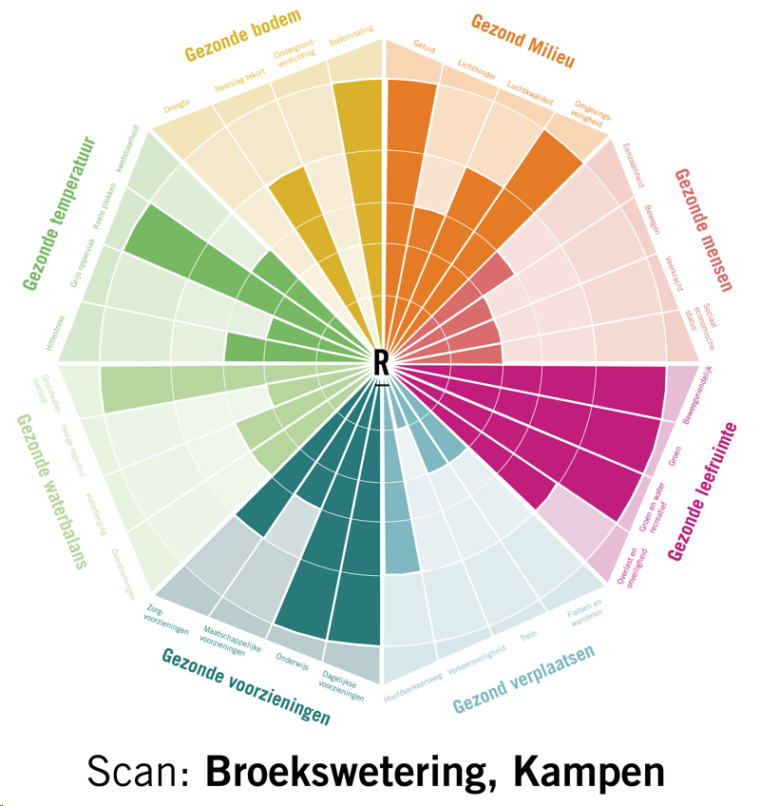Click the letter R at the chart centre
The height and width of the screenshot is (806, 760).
(x=381, y=362)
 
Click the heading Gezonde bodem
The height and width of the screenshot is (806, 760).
(x=243, y=34)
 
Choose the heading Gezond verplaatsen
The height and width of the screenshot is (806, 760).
(x=523, y=680)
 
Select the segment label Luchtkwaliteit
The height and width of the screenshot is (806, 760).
(x=529, y=91)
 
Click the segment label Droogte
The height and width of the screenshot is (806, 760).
(x=178, y=102)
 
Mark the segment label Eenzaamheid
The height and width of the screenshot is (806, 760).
(x=632, y=165)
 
